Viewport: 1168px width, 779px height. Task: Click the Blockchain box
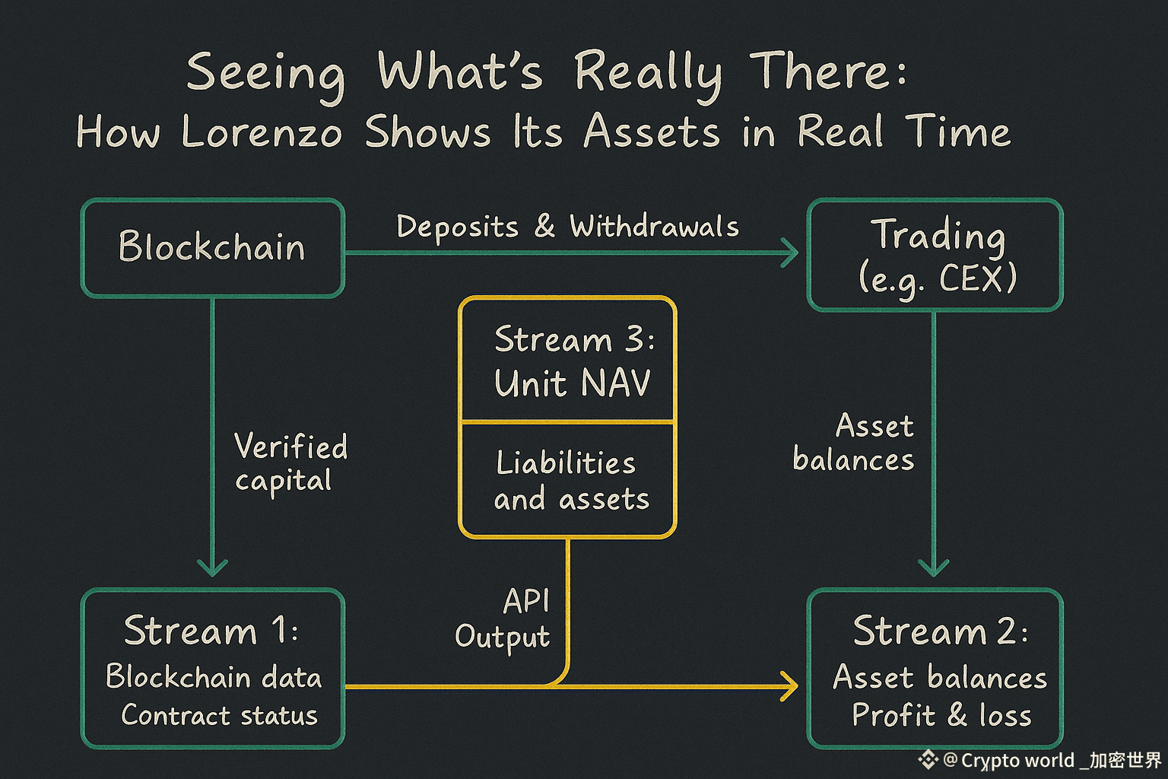click(212, 247)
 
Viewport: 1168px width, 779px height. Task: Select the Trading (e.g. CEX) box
click(935, 255)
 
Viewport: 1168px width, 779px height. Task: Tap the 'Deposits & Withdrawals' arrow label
click(567, 227)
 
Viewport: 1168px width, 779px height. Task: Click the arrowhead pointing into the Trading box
click(791, 253)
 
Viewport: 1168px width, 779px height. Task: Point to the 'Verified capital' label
click(290, 463)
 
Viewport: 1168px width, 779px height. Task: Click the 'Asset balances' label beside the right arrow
click(853, 443)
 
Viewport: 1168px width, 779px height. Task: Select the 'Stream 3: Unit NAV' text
click(573, 361)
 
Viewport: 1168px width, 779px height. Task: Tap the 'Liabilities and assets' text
click(571, 481)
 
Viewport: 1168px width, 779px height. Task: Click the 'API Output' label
click(503, 618)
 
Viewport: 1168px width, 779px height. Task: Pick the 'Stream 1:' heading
click(211, 631)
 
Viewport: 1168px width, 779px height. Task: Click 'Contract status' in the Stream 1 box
click(219, 715)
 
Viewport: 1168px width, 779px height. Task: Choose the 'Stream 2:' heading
click(940, 631)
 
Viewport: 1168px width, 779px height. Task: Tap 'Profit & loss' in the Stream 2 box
click(941, 715)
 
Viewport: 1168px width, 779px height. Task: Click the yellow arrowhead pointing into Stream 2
click(790, 687)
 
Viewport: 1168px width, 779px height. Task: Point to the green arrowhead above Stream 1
click(212, 567)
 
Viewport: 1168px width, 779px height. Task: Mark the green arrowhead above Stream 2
click(934, 567)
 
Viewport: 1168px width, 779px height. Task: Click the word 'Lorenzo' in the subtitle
click(262, 132)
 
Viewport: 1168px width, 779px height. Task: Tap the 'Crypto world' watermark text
click(1017, 760)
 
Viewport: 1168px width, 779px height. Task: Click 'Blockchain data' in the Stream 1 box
click(213, 677)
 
